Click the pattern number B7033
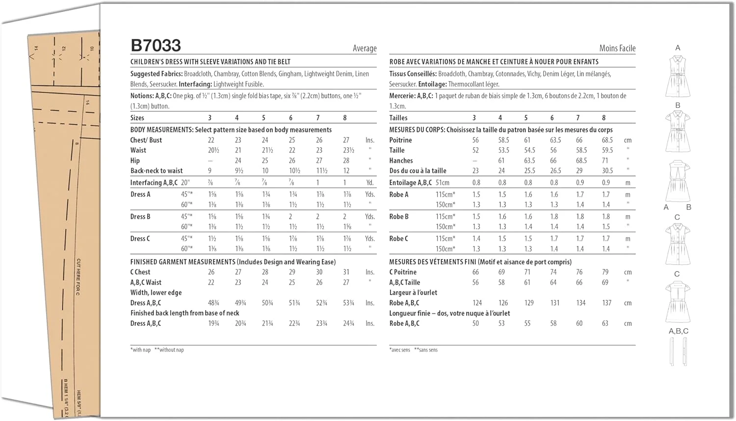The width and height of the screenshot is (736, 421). pos(156,46)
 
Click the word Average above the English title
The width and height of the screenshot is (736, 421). pos(365,48)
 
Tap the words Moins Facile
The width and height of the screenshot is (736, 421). pos(617,48)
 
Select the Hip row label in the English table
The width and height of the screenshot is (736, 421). pos(135,160)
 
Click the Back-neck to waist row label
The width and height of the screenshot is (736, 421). pos(156,171)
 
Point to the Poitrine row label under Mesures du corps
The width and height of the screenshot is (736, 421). pos(400,140)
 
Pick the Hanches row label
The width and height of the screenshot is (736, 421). pos(401,160)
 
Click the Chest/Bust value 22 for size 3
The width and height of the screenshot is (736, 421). pos(211,140)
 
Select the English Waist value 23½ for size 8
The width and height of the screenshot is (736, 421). pos(348,150)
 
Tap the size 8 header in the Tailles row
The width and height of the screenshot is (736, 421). pos(604,118)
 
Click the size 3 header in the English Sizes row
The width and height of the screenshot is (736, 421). pos(210,118)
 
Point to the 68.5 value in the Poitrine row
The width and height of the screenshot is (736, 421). pos(607,140)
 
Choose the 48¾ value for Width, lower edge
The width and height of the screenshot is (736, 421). pos(213,303)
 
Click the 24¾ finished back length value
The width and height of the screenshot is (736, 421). pos(348,323)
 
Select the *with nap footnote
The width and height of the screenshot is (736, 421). pos(140,350)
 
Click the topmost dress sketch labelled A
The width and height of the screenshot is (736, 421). pos(678,77)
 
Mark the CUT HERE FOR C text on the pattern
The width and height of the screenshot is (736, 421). pos(78,277)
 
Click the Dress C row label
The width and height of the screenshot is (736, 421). pos(140,238)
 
